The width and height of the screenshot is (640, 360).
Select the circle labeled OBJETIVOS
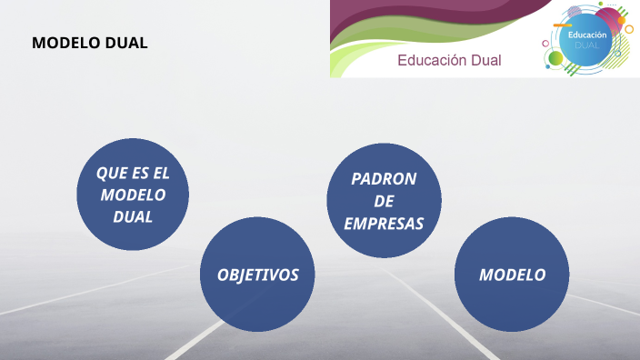257,275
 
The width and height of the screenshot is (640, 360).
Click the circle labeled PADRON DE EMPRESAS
384,200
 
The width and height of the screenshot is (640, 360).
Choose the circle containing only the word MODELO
512,275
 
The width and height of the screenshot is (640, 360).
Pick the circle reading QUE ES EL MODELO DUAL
133,195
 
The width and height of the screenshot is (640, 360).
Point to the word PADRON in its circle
384,178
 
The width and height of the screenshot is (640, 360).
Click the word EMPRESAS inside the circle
384,223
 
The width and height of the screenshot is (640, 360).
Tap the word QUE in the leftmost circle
110,173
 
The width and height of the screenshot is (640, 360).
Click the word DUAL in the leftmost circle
133,217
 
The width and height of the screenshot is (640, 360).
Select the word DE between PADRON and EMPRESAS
384,201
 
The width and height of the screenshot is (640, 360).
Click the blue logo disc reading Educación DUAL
586,40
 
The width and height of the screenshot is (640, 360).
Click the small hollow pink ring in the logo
546,42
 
